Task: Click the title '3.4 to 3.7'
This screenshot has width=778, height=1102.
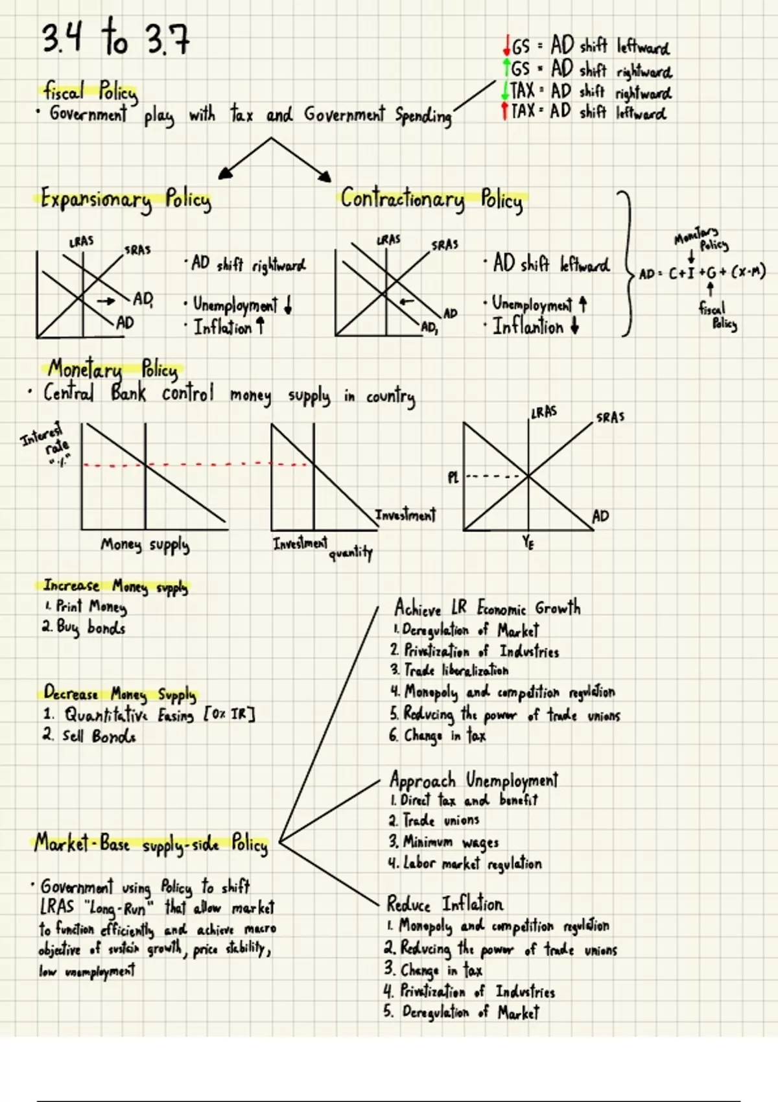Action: coord(115,39)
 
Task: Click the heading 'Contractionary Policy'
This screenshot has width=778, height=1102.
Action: coord(432,199)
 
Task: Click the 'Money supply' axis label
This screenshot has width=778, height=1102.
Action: coord(145,545)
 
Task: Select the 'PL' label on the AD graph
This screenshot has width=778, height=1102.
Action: coord(453,478)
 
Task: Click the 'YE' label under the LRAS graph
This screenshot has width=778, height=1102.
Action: coord(528,543)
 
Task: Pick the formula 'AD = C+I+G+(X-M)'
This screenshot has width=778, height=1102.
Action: coord(702,273)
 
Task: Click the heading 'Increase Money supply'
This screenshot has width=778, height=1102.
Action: coord(115,587)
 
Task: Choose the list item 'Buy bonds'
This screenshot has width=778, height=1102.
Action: coord(84,628)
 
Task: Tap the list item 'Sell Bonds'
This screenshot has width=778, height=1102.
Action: coord(91,736)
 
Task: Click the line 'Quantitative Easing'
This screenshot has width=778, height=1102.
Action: coord(149,716)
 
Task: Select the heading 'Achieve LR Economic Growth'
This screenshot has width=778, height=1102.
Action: coord(487,609)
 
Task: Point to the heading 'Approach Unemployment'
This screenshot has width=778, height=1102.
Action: coord(473,779)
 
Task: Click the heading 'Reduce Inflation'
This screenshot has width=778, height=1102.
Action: coord(445,904)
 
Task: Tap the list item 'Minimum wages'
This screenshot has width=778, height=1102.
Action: coord(444,842)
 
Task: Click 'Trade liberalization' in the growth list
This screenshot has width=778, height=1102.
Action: coord(449,670)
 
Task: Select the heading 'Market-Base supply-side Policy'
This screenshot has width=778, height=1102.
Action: coord(151,845)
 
